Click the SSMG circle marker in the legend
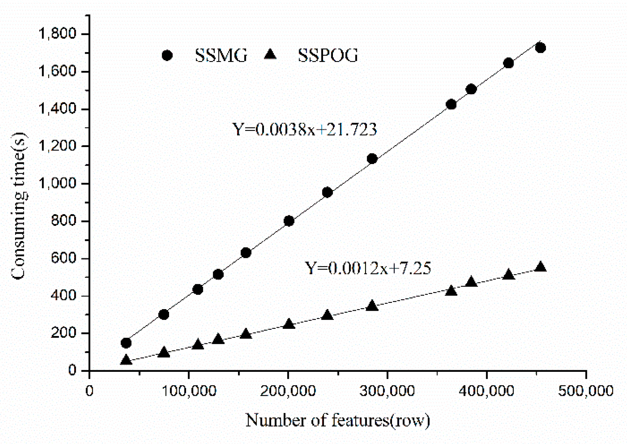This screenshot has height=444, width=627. point(167,55)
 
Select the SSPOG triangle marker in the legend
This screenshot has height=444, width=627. point(270,54)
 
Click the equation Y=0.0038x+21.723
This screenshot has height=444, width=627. point(305,129)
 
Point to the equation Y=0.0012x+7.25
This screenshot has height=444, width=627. point(368,268)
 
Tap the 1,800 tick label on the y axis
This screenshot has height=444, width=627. point(57,33)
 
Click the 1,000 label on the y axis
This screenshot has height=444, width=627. point(57,183)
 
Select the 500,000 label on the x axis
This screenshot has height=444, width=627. point(586,391)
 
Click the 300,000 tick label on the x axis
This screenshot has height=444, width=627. point(387,391)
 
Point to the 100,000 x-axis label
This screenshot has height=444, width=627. point(189,391)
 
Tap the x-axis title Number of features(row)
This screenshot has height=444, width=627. point(337,420)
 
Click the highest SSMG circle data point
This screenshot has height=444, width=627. point(540,48)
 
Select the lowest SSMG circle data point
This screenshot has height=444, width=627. point(126,343)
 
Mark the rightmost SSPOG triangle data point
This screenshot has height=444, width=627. point(540,267)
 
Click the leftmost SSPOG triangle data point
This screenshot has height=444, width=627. point(126,360)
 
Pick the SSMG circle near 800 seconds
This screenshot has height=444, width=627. point(289,221)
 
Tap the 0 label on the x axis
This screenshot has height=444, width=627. point(89,391)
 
